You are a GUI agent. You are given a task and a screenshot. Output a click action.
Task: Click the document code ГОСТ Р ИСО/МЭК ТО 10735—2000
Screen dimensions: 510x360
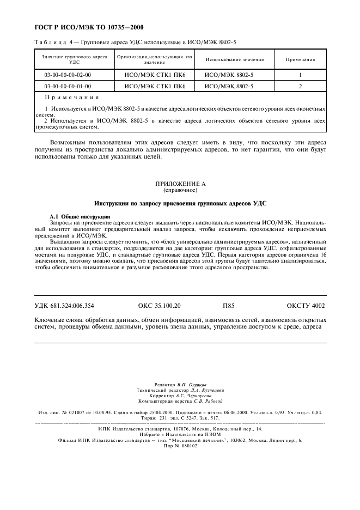click(x=85, y=27)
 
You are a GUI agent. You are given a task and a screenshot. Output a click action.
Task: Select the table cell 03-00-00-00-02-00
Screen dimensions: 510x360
click(x=68, y=75)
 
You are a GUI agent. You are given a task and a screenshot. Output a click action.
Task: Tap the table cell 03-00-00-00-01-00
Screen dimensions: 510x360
click(x=68, y=86)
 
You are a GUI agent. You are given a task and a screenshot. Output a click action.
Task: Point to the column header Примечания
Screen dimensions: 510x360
click(x=300, y=59)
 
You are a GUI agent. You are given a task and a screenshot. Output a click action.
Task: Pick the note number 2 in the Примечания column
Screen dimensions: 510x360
click(x=300, y=86)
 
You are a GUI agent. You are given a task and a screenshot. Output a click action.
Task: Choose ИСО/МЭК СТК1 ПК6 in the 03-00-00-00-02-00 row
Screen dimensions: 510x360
click(x=155, y=75)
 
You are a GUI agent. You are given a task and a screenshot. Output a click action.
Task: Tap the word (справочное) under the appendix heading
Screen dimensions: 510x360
click(x=180, y=191)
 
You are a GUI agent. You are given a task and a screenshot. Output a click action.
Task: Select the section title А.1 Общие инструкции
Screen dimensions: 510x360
click(x=80, y=217)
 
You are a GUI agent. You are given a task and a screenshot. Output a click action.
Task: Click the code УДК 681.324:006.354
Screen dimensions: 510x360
click(x=64, y=306)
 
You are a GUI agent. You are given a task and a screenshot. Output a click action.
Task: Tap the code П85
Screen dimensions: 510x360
click(x=229, y=306)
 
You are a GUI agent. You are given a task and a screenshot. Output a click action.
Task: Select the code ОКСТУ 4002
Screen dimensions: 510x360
click(x=306, y=306)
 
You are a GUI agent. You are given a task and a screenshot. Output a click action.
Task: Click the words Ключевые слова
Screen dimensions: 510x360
click(x=58, y=320)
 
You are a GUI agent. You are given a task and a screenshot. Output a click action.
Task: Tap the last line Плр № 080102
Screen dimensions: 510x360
click(x=180, y=445)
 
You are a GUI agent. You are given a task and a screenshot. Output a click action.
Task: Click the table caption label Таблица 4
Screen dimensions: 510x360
click(x=52, y=42)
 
